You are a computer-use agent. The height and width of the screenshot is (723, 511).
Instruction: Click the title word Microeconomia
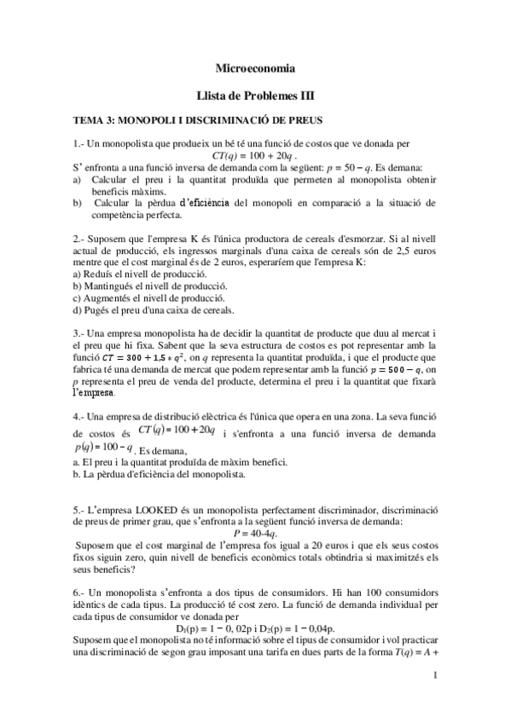[x=255, y=67]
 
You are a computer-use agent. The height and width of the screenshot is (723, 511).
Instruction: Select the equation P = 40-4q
[x=254, y=536]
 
